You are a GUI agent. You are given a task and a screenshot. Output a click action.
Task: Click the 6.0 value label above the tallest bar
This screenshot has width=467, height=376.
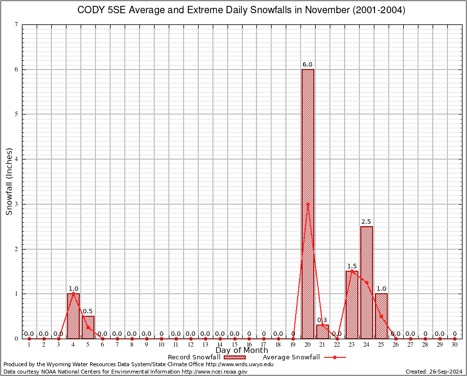[x=307, y=65]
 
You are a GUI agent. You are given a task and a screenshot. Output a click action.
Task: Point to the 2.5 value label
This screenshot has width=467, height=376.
[x=366, y=222]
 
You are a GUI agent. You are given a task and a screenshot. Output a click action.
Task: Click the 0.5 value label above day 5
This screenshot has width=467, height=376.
[x=88, y=311]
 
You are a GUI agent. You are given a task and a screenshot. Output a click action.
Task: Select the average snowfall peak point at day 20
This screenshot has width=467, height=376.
[x=307, y=204]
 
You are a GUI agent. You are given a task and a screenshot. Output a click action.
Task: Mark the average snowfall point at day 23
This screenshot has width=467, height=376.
[x=351, y=271]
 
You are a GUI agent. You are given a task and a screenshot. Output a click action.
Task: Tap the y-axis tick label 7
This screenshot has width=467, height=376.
[x=17, y=24]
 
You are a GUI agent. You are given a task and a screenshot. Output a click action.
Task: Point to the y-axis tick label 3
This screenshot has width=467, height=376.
[x=17, y=204]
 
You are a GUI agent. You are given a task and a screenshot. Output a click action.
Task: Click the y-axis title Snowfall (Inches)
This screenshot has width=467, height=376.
[x=9, y=182]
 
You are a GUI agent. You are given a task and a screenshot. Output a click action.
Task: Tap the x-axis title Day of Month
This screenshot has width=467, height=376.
[x=242, y=351]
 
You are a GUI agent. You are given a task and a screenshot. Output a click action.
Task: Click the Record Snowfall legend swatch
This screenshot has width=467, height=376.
[x=234, y=357]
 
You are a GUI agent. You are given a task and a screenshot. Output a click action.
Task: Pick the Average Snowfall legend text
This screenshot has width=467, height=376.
[x=291, y=357]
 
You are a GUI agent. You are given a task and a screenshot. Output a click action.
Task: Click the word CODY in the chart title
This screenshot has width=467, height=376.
[x=91, y=10]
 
